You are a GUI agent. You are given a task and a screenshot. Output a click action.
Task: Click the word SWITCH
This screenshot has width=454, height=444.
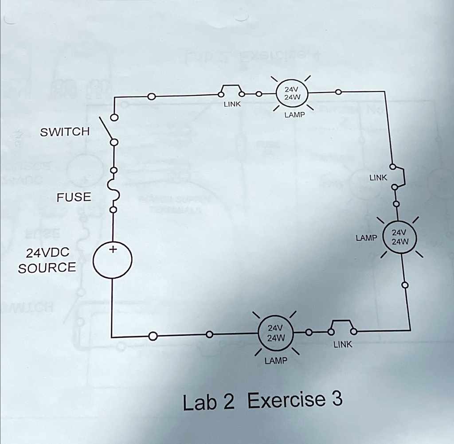[65, 132]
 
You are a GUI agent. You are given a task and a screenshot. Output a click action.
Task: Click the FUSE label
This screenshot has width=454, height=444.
[74, 197]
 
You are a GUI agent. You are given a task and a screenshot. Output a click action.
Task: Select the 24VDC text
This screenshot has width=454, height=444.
[47, 253]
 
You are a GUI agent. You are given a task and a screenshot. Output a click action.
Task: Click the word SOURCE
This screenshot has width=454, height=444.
[47, 268]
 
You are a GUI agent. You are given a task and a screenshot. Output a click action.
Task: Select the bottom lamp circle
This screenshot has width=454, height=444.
[275, 332]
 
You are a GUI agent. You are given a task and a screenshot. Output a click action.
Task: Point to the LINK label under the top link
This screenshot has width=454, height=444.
[232, 104]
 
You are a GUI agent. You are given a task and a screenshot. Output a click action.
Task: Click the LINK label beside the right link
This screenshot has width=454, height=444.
[378, 178]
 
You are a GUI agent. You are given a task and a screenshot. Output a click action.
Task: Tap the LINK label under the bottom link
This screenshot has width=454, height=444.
[343, 344]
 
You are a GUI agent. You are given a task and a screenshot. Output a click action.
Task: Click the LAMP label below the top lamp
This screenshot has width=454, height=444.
[294, 115]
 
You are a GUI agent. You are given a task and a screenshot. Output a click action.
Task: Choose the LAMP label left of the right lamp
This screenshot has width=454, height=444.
[366, 238]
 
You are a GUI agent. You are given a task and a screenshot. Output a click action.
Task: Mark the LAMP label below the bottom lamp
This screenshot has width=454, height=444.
[276, 361]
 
